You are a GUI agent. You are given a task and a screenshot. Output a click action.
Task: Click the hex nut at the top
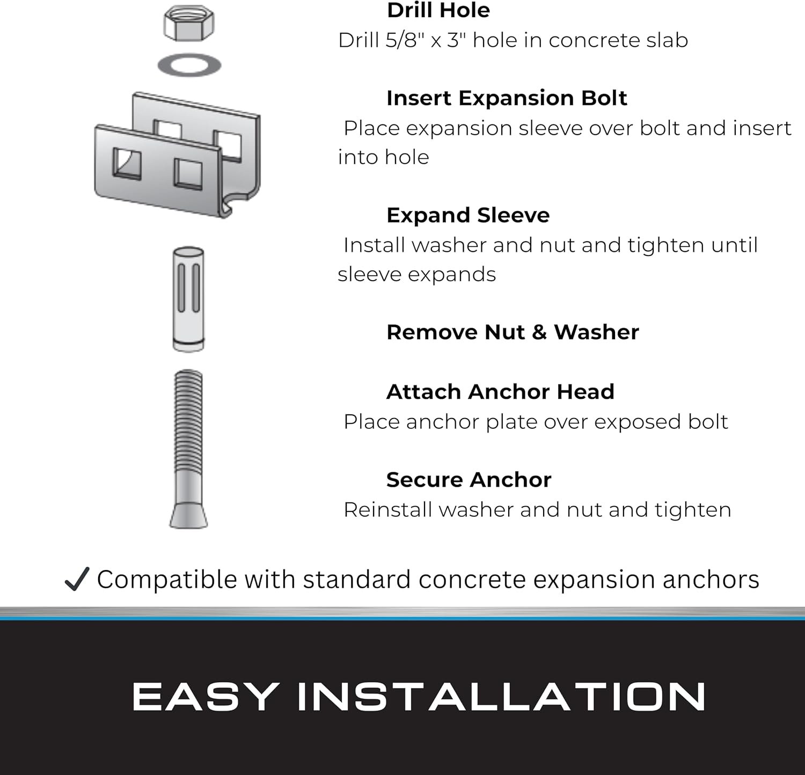(x=188, y=24)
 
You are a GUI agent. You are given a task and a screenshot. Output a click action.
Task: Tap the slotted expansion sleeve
(x=188, y=299)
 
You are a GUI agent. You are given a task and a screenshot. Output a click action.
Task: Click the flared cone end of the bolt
(x=188, y=510)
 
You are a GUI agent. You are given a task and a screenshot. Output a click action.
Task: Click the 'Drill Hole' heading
(x=438, y=10)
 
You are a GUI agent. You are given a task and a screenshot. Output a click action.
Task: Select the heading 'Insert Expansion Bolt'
(x=507, y=98)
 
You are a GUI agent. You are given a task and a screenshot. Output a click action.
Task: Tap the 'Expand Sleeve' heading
(x=468, y=215)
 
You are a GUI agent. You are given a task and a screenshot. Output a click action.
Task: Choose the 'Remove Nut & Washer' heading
(x=513, y=332)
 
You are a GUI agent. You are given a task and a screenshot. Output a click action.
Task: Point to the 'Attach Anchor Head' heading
(x=500, y=392)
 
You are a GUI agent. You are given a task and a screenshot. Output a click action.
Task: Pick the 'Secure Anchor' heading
(x=469, y=480)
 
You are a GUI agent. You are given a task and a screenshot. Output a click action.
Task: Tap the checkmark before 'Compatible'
(x=76, y=579)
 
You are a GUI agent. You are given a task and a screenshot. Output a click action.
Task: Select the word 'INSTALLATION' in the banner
(x=501, y=697)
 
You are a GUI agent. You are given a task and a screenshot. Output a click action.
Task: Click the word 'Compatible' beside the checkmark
(x=167, y=580)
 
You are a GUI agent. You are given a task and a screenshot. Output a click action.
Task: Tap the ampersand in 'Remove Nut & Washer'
(x=539, y=332)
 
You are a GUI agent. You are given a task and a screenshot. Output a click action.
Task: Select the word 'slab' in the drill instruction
(x=665, y=40)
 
